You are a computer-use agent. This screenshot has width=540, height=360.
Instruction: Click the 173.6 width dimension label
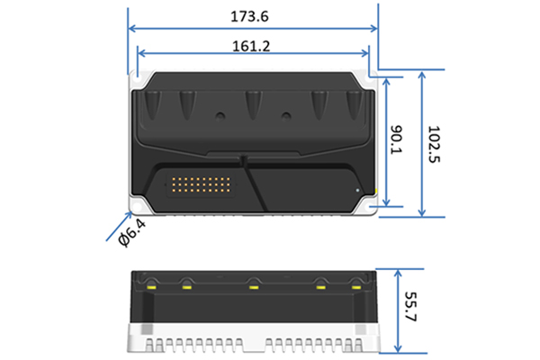point(249,16)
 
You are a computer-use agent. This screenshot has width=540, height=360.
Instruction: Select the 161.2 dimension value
point(251,46)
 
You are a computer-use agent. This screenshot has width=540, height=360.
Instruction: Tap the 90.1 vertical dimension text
point(396,139)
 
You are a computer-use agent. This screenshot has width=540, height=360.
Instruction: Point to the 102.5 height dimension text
point(434,144)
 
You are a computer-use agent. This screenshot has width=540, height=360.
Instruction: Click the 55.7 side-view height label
point(410,307)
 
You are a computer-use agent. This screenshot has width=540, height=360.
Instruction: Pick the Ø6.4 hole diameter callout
point(131,233)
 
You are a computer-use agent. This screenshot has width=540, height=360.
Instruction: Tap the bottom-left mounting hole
point(137,207)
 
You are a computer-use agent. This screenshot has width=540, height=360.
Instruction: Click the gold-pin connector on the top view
point(201,185)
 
